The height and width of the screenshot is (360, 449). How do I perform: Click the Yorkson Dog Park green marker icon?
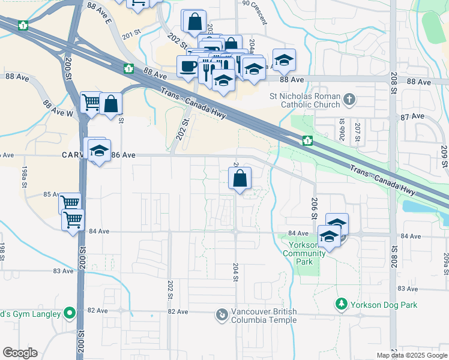tap(342, 304)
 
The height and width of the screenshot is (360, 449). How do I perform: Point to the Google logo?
tap(20, 353)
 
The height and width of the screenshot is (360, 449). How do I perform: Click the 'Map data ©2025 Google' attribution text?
tap(412, 355)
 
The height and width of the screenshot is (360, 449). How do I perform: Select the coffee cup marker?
tap(188, 66)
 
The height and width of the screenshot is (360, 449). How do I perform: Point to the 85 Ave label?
tap(51, 194)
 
